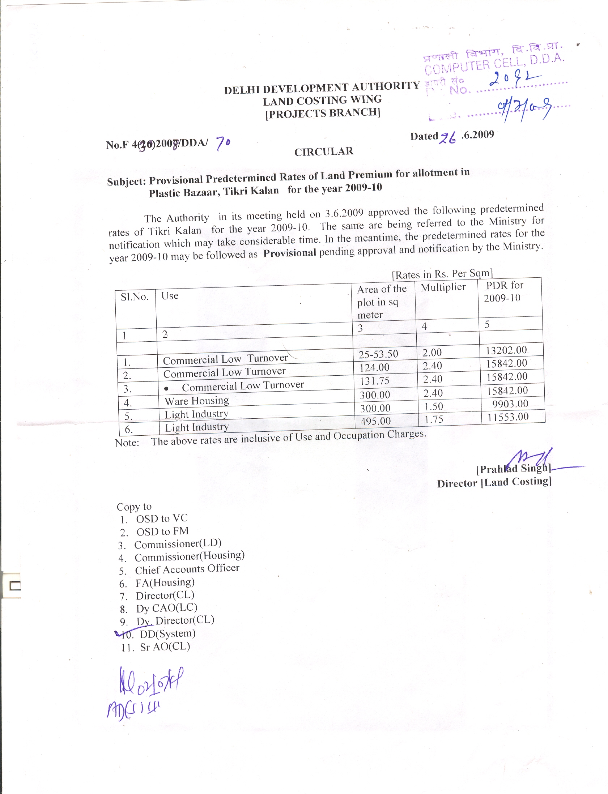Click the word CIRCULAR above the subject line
pos(324,151)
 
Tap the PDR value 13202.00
pos(506,350)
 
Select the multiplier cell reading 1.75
pos(434,420)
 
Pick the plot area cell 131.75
pos(374,381)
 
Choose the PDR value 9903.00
pos(510,404)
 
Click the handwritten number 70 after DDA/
pos(223,144)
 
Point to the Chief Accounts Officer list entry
pos(187,569)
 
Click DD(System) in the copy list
pos(167,633)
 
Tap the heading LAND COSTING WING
pos(322,100)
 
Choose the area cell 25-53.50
pos(378,354)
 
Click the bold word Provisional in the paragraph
pos(289,253)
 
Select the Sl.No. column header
pos(135,297)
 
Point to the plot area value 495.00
pos(375,421)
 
